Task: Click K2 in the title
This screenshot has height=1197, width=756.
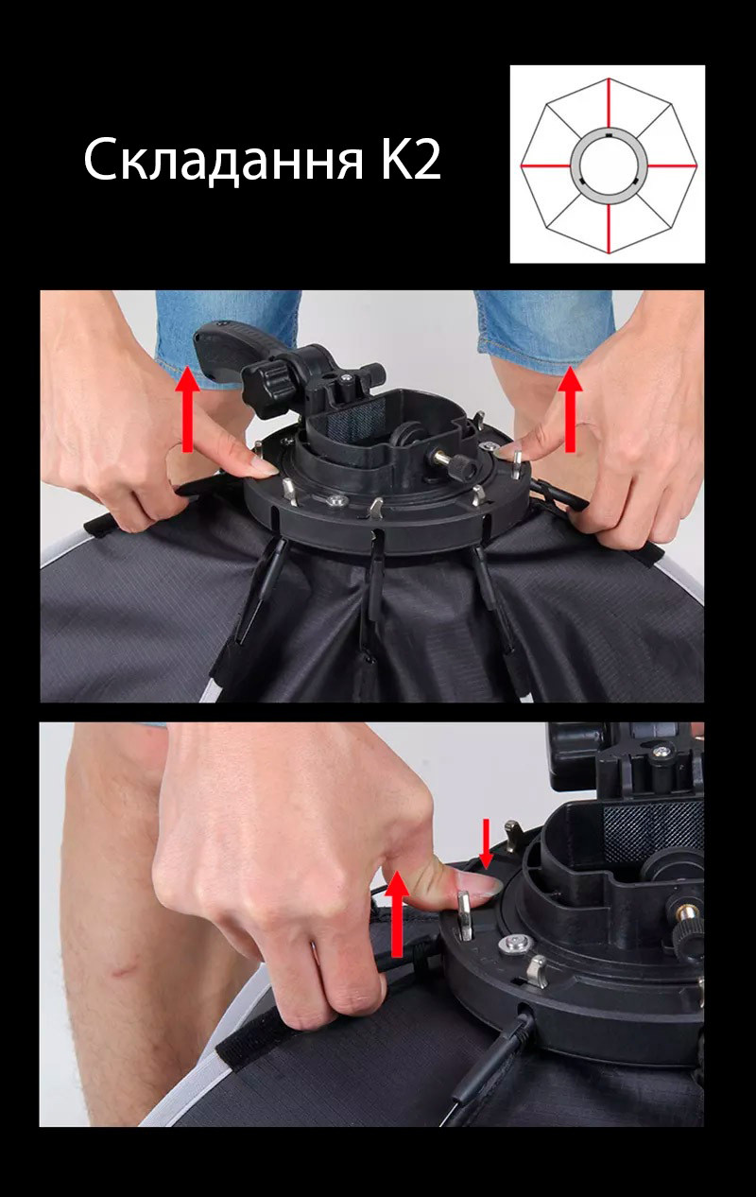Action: [x=410, y=158]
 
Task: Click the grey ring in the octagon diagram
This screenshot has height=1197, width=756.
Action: [x=609, y=137]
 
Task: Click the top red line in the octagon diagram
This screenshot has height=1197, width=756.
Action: [x=609, y=103]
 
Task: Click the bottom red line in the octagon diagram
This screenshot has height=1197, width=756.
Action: [x=609, y=228]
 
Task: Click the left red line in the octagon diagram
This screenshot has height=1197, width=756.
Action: [x=545, y=165]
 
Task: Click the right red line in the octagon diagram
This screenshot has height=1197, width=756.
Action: [x=672, y=165]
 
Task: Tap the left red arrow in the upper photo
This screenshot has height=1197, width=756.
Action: [x=187, y=408]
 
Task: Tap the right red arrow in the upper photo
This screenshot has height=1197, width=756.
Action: [x=571, y=408]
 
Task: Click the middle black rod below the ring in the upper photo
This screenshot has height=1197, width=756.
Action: [x=375, y=577]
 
